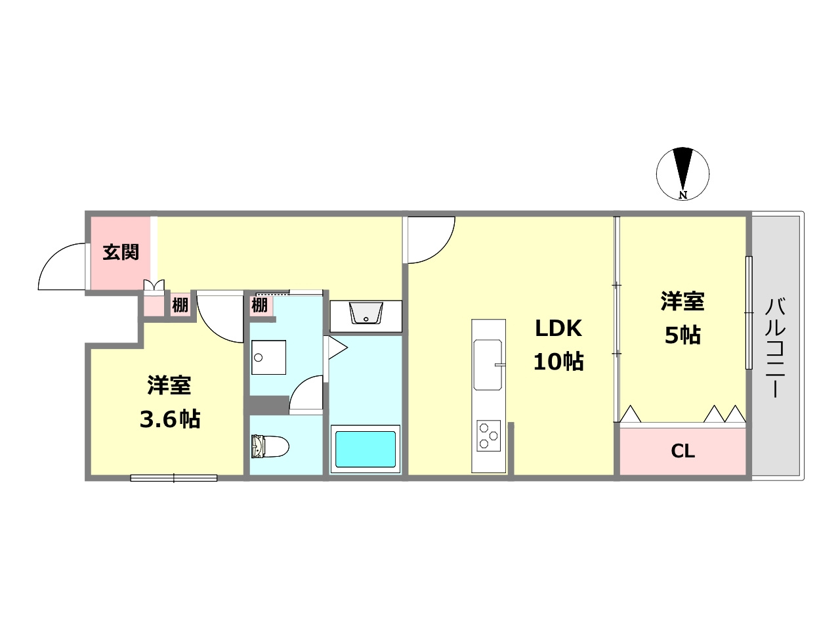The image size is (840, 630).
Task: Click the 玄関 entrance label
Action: (x=121, y=252)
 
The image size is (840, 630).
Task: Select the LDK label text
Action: (x=558, y=328)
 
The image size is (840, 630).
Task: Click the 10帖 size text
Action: (x=558, y=362)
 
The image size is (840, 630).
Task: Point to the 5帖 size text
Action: (x=682, y=335)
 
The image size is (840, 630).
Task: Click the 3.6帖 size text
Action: (x=169, y=419)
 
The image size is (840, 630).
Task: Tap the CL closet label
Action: (x=682, y=451)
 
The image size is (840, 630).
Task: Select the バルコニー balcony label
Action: (x=776, y=348)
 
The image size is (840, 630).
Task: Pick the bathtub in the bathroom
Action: (x=366, y=448)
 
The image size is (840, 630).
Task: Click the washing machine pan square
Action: (x=268, y=357)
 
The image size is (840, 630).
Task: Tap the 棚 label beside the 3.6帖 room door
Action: (x=180, y=305)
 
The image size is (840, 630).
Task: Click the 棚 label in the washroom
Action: (x=259, y=305)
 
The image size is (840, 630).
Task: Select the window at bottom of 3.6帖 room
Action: (x=174, y=478)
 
